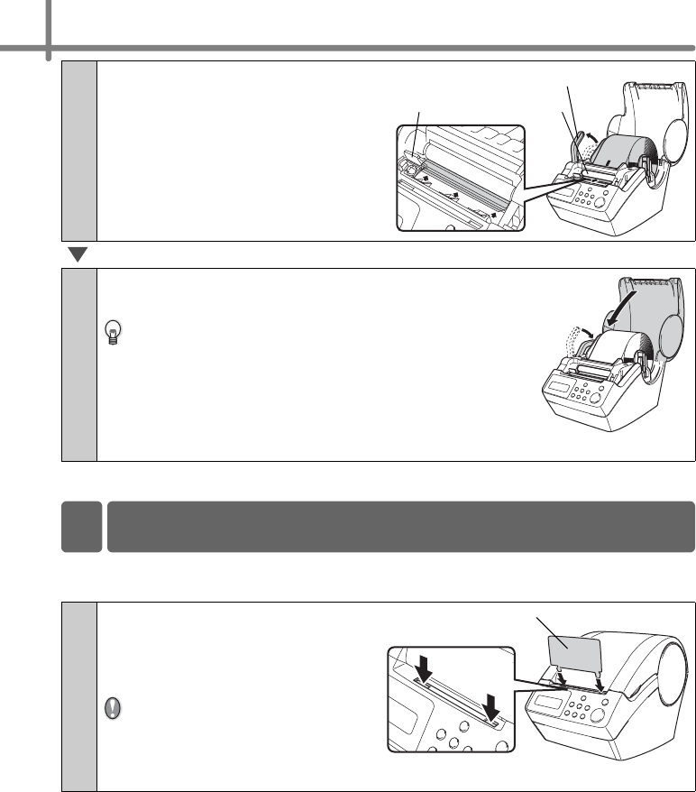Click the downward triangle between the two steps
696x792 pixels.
pos(78,255)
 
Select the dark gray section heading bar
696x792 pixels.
pos(400,526)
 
